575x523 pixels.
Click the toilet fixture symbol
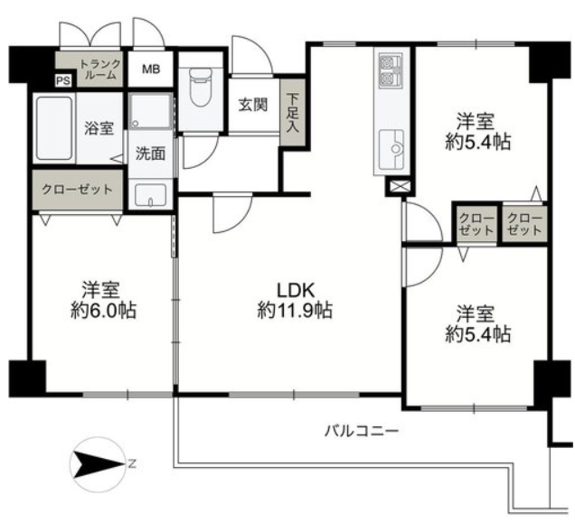click(200, 88)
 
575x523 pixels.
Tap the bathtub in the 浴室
click(54, 128)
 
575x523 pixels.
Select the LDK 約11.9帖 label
click(296, 301)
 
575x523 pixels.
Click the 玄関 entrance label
click(253, 105)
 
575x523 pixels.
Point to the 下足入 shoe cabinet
click(293, 112)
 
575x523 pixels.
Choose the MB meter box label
click(151, 69)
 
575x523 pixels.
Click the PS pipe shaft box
click(63, 80)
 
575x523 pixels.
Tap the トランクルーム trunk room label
click(100, 70)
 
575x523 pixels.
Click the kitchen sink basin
click(391, 149)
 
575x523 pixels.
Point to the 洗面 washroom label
click(150, 154)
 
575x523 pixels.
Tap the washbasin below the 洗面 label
click(150, 195)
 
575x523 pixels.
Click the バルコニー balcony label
click(362, 431)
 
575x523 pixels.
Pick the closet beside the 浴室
click(77, 190)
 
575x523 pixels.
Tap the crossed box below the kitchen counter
click(398, 187)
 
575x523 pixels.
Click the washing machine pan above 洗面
click(151, 110)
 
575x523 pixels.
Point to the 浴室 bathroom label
click(99, 128)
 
